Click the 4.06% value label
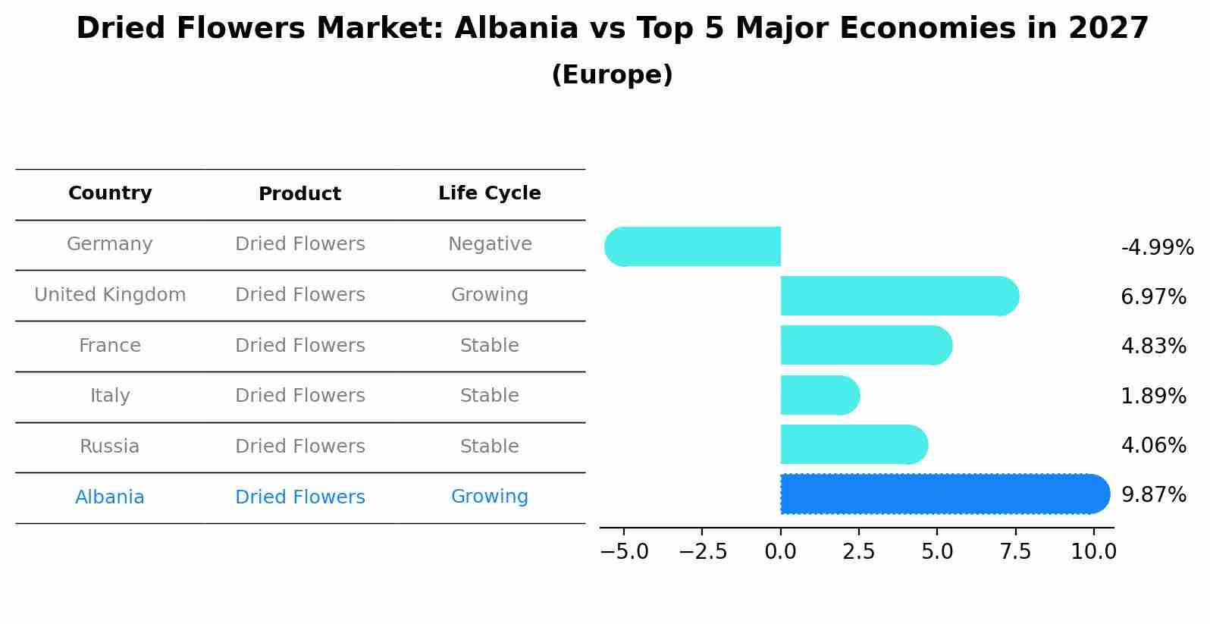pos(1153,445)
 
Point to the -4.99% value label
pos(1157,248)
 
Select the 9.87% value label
pos(1153,495)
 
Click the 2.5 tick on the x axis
pos(859,552)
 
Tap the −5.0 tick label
pos(624,552)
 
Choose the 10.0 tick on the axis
pos(1093,552)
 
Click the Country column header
pos(110,193)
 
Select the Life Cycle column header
pos(490,193)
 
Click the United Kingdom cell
pos(110,295)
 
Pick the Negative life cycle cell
pos(490,244)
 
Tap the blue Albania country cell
pos(110,497)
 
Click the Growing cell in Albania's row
pos(490,497)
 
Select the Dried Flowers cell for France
pos(300,346)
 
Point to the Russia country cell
pos(110,447)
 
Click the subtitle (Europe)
pos(612,75)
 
